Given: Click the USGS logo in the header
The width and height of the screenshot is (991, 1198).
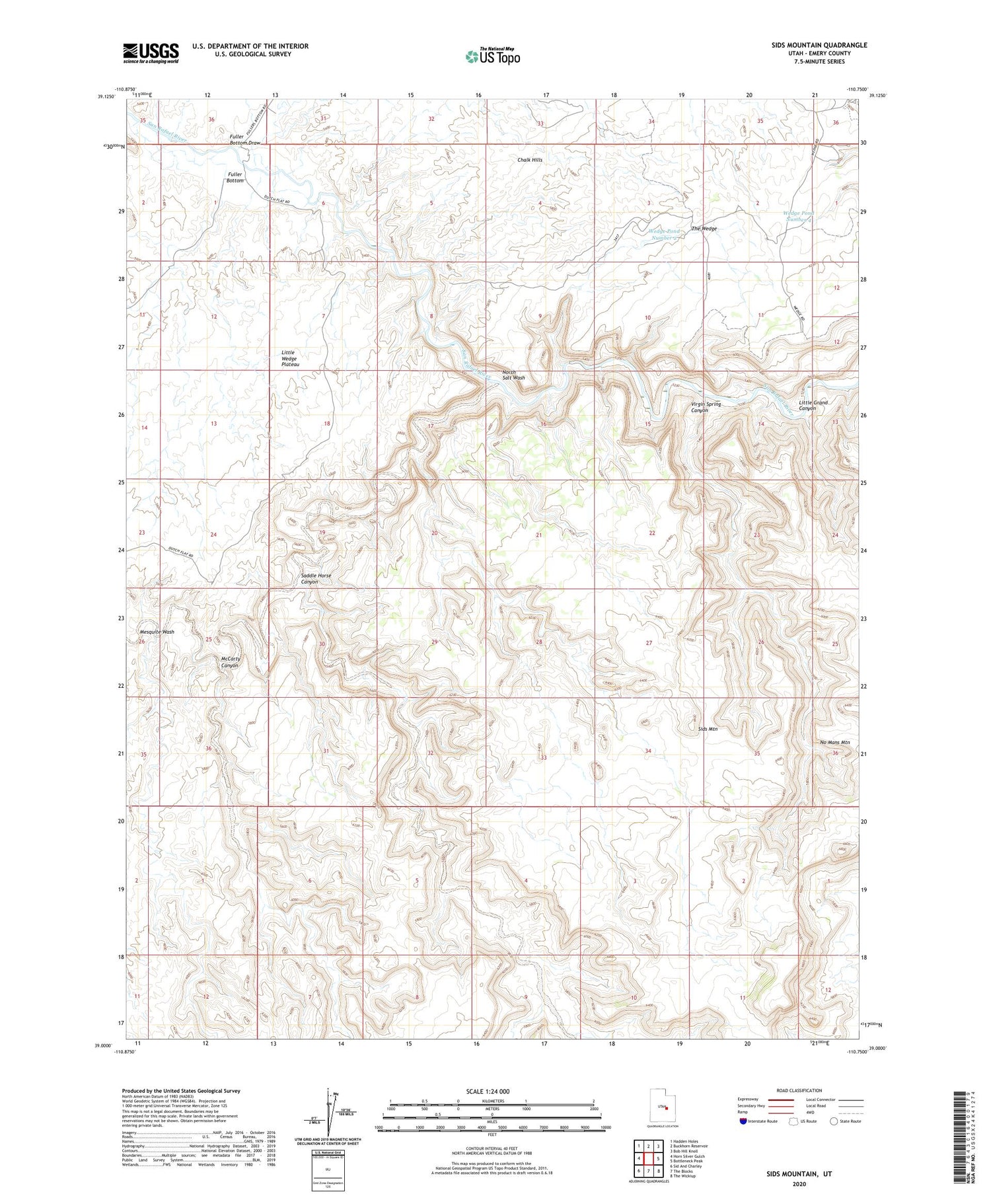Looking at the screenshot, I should click(151, 53).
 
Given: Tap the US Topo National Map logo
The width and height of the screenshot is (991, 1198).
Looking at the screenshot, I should click(492, 56).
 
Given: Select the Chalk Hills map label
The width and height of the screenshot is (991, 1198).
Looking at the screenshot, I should click(529, 160).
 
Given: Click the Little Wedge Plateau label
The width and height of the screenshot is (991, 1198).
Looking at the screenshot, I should click(290, 359).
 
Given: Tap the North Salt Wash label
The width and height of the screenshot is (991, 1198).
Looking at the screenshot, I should click(513, 375).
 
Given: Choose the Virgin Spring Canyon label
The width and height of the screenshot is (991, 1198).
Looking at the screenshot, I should click(706, 407).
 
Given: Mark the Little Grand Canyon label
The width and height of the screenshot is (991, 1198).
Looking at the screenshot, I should click(813, 406).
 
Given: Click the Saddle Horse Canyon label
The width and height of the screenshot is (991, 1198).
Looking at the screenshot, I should click(316, 579).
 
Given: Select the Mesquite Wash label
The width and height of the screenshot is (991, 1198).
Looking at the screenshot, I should click(157, 632).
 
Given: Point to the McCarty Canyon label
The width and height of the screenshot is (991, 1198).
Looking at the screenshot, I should click(230, 662).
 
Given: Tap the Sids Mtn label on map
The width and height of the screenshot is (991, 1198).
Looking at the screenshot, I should click(708, 729).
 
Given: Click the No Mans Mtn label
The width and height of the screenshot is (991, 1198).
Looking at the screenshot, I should click(834, 743).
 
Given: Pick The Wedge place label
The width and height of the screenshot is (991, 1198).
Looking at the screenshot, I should click(704, 229).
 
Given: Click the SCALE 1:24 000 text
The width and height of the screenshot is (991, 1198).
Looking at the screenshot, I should click(492, 1092).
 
